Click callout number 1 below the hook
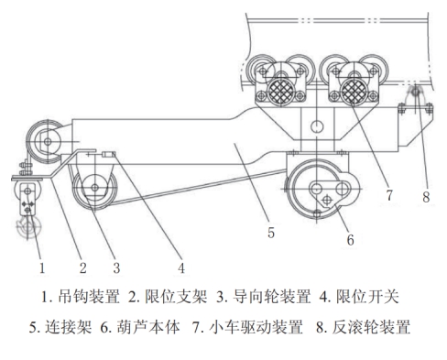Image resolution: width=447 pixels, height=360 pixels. pyautogui.click(x=42, y=267)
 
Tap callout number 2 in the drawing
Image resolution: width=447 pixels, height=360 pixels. pyautogui.click(x=83, y=267)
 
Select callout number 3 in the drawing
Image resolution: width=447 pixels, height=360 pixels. pyautogui.click(x=116, y=267)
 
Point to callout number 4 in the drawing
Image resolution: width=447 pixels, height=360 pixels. pyautogui.click(x=181, y=268)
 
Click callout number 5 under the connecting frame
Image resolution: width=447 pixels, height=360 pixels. pyautogui.click(x=271, y=233)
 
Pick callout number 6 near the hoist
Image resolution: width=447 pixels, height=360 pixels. pyautogui.click(x=351, y=240)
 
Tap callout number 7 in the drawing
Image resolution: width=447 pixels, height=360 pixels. pyautogui.click(x=389, y=195)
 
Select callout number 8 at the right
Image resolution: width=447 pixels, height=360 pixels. pyautogui.click(x=426, y=197)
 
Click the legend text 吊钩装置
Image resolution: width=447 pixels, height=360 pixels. pyautogui.click(x=89, y=297)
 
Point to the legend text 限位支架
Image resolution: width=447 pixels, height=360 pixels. pyautogui.click(x=176, y=297)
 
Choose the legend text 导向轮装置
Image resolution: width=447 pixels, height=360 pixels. pyautogui.click(x=272, y=297)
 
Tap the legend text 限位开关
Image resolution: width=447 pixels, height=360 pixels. pyautogui.click(x=367, y=297)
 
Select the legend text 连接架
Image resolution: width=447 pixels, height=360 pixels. pyautogui.click(x=69, y=327)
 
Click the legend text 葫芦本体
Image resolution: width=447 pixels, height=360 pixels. pyautogui.click(x=148, y=327)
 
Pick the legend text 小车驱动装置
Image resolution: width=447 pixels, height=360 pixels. pyautogui.click(x=256, y=327)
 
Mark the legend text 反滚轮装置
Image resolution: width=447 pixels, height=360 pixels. pyautogui.click(x=371, y=327)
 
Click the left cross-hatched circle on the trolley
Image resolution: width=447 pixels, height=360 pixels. pyautogui.click(x=280, y=92)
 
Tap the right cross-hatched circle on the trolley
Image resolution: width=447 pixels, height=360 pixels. pyautogui.click(x=354, y=92)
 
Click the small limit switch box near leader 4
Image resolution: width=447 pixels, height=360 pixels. pyautogui.click(x=108, y=155)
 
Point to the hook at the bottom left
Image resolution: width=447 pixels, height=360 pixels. pyautogui.click(x=28, y=226)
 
